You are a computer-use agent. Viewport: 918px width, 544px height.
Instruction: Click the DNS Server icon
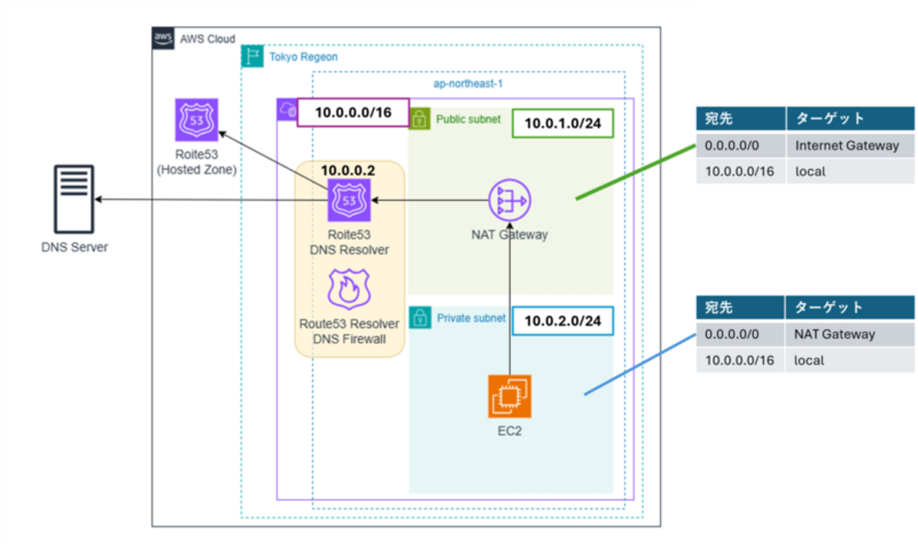click(73, 200)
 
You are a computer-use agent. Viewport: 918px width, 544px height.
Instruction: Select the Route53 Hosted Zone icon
click(196, 120)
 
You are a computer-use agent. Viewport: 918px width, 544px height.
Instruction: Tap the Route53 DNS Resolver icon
click(349, 201)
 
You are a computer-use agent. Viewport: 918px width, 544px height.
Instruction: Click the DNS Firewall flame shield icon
click(349, 291)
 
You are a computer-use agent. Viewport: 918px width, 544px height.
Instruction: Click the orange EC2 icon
click(509, 396)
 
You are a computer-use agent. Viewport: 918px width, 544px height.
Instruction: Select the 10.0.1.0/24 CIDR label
click(563, 124)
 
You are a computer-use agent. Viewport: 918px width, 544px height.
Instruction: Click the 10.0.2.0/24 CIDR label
click(563, 321)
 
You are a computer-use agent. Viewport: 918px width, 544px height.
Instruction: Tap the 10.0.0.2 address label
click(349, 170)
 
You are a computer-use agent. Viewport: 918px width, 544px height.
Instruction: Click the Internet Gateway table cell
click(847, 146)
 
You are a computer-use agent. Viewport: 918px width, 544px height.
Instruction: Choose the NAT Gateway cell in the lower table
click(834, 334)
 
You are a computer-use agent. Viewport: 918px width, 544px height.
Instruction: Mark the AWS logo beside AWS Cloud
click(163, 38)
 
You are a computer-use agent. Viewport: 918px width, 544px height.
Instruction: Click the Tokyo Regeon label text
click(304, 57)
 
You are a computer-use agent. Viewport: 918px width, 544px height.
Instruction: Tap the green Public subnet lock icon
click(419, 119)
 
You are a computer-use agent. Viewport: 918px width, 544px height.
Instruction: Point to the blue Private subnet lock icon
click(419, 318)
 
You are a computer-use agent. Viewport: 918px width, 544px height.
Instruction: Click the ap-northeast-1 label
click(467, 83)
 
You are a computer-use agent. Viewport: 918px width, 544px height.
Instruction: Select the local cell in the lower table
click(809, 360)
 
